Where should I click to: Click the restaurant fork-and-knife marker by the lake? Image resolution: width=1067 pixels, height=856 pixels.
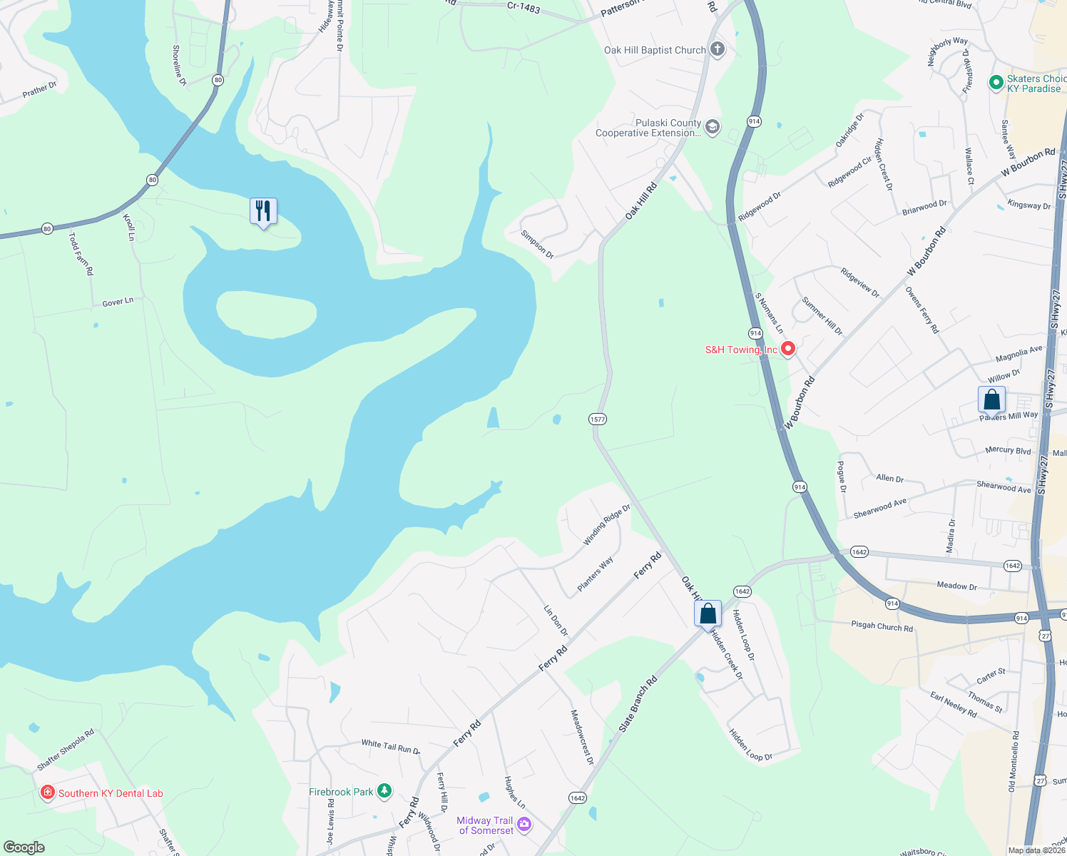[263, 211]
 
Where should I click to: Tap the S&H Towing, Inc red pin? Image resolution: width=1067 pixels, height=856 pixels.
[788, 349]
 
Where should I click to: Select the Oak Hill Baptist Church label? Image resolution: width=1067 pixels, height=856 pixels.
[654, 50]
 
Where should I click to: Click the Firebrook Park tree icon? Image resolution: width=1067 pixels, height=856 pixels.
[384, 790]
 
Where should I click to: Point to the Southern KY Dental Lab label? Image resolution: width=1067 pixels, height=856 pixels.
[111, 793]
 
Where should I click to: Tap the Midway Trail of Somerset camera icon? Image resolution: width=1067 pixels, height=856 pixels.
[524, 825]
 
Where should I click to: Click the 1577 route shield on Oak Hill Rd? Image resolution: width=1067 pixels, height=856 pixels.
[598, 419]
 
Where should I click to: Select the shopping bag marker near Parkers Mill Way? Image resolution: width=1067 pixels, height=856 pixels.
[991, 399]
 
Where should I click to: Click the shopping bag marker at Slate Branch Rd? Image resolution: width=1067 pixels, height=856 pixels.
[708, 613]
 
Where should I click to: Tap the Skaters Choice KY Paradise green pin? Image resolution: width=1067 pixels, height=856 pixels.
[996, 83]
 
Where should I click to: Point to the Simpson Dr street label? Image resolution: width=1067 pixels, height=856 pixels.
[537, 244]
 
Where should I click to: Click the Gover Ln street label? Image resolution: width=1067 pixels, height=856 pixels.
[118, 302]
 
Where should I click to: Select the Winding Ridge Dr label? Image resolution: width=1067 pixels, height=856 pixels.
[607, 525]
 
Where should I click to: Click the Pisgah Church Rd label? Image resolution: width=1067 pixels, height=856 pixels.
[882, 626]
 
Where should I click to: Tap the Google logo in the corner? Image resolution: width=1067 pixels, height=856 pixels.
[24, 847]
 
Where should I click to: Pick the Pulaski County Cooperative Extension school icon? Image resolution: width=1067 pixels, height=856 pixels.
[711, 128]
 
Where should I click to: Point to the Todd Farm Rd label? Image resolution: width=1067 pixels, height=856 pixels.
[81, 254]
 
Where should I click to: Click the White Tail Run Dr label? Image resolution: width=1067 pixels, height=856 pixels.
[390, 747]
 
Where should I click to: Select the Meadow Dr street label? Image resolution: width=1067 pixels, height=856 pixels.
[956, 586]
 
